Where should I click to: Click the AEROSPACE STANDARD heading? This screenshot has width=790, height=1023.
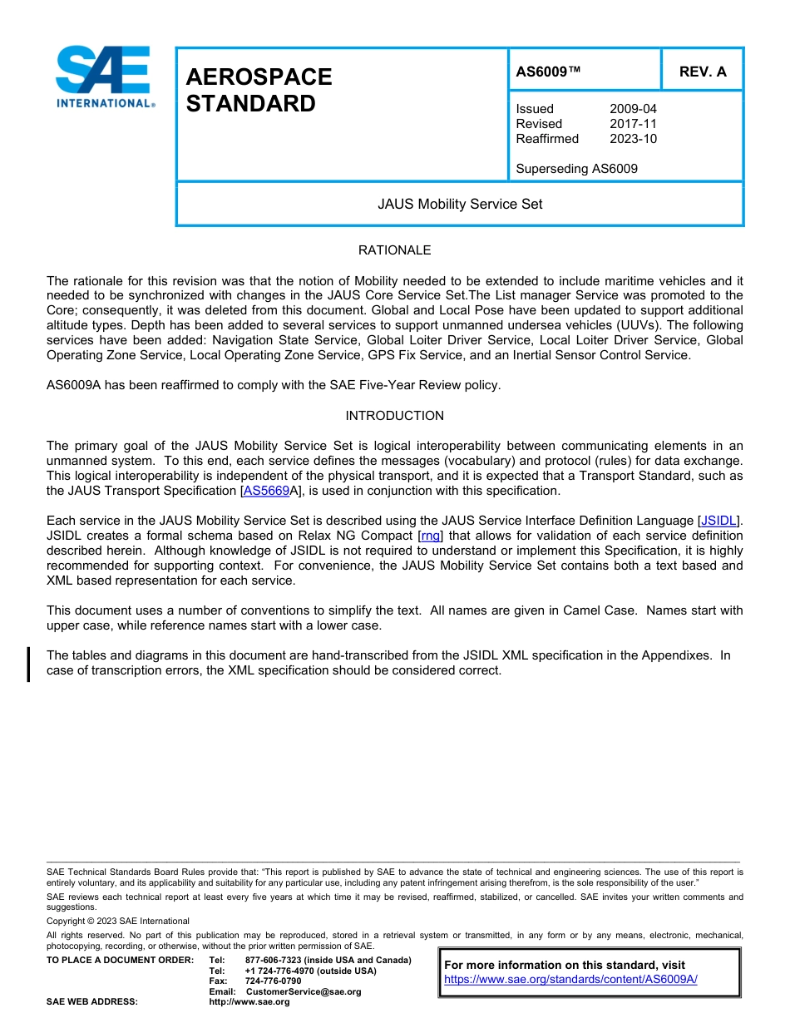point(259,90)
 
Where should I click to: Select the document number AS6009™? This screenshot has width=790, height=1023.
point(548,72)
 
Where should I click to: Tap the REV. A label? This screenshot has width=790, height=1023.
point(702,72)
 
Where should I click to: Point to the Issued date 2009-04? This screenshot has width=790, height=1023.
point(633,109)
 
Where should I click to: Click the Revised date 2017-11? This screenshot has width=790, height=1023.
point(633,124)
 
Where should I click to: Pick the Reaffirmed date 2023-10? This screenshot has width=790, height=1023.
point(633,139)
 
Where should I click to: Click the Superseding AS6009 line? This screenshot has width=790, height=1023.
point(576,169)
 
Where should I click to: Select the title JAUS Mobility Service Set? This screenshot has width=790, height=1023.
point(459,204)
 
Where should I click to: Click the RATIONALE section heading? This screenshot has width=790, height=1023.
point(394,250)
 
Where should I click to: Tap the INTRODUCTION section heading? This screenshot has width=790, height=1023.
point(394,416)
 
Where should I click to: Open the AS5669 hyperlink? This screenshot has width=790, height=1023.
point(266,492)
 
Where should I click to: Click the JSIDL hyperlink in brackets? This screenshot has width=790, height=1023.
point(718,521)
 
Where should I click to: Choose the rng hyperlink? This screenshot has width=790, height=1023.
point(430,536)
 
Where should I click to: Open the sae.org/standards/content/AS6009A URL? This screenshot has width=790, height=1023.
point(570,980)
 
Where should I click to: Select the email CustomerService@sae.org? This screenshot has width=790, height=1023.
point(304,991)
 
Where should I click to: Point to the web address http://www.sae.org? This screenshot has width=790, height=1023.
point(249,1002)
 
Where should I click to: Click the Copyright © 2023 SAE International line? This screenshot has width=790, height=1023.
point(118,921)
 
